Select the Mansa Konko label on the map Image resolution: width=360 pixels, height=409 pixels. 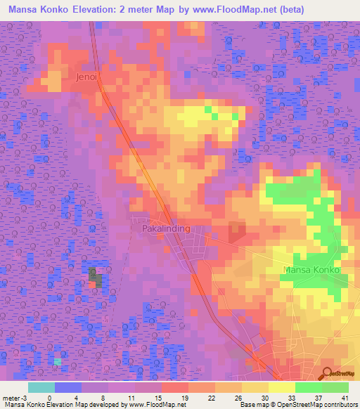coord(311,270)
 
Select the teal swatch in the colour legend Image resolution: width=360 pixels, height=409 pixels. coord(41,387)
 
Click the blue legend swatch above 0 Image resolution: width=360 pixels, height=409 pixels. coord(68,387)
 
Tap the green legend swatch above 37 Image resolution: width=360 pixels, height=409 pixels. coord(308,387)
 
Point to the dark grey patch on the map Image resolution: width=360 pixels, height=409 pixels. coord(95,278)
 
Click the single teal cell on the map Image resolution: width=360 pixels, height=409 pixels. coord(58,361)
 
